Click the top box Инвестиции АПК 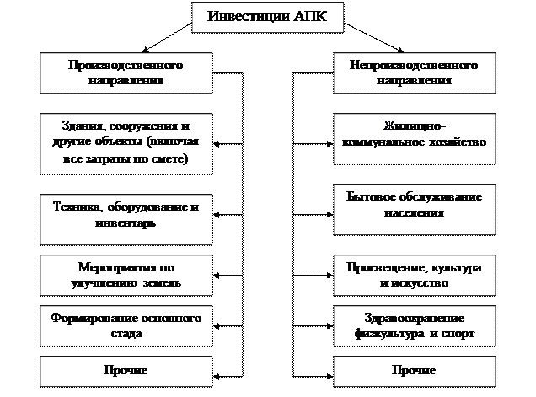268,17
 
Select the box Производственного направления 125,72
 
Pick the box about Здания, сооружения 125,142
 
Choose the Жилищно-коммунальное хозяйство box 414,135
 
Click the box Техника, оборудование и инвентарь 125,216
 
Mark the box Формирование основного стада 125,325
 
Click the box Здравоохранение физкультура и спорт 414,325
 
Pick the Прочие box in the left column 125,370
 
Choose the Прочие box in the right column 414,370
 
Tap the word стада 125,334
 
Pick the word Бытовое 369,197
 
